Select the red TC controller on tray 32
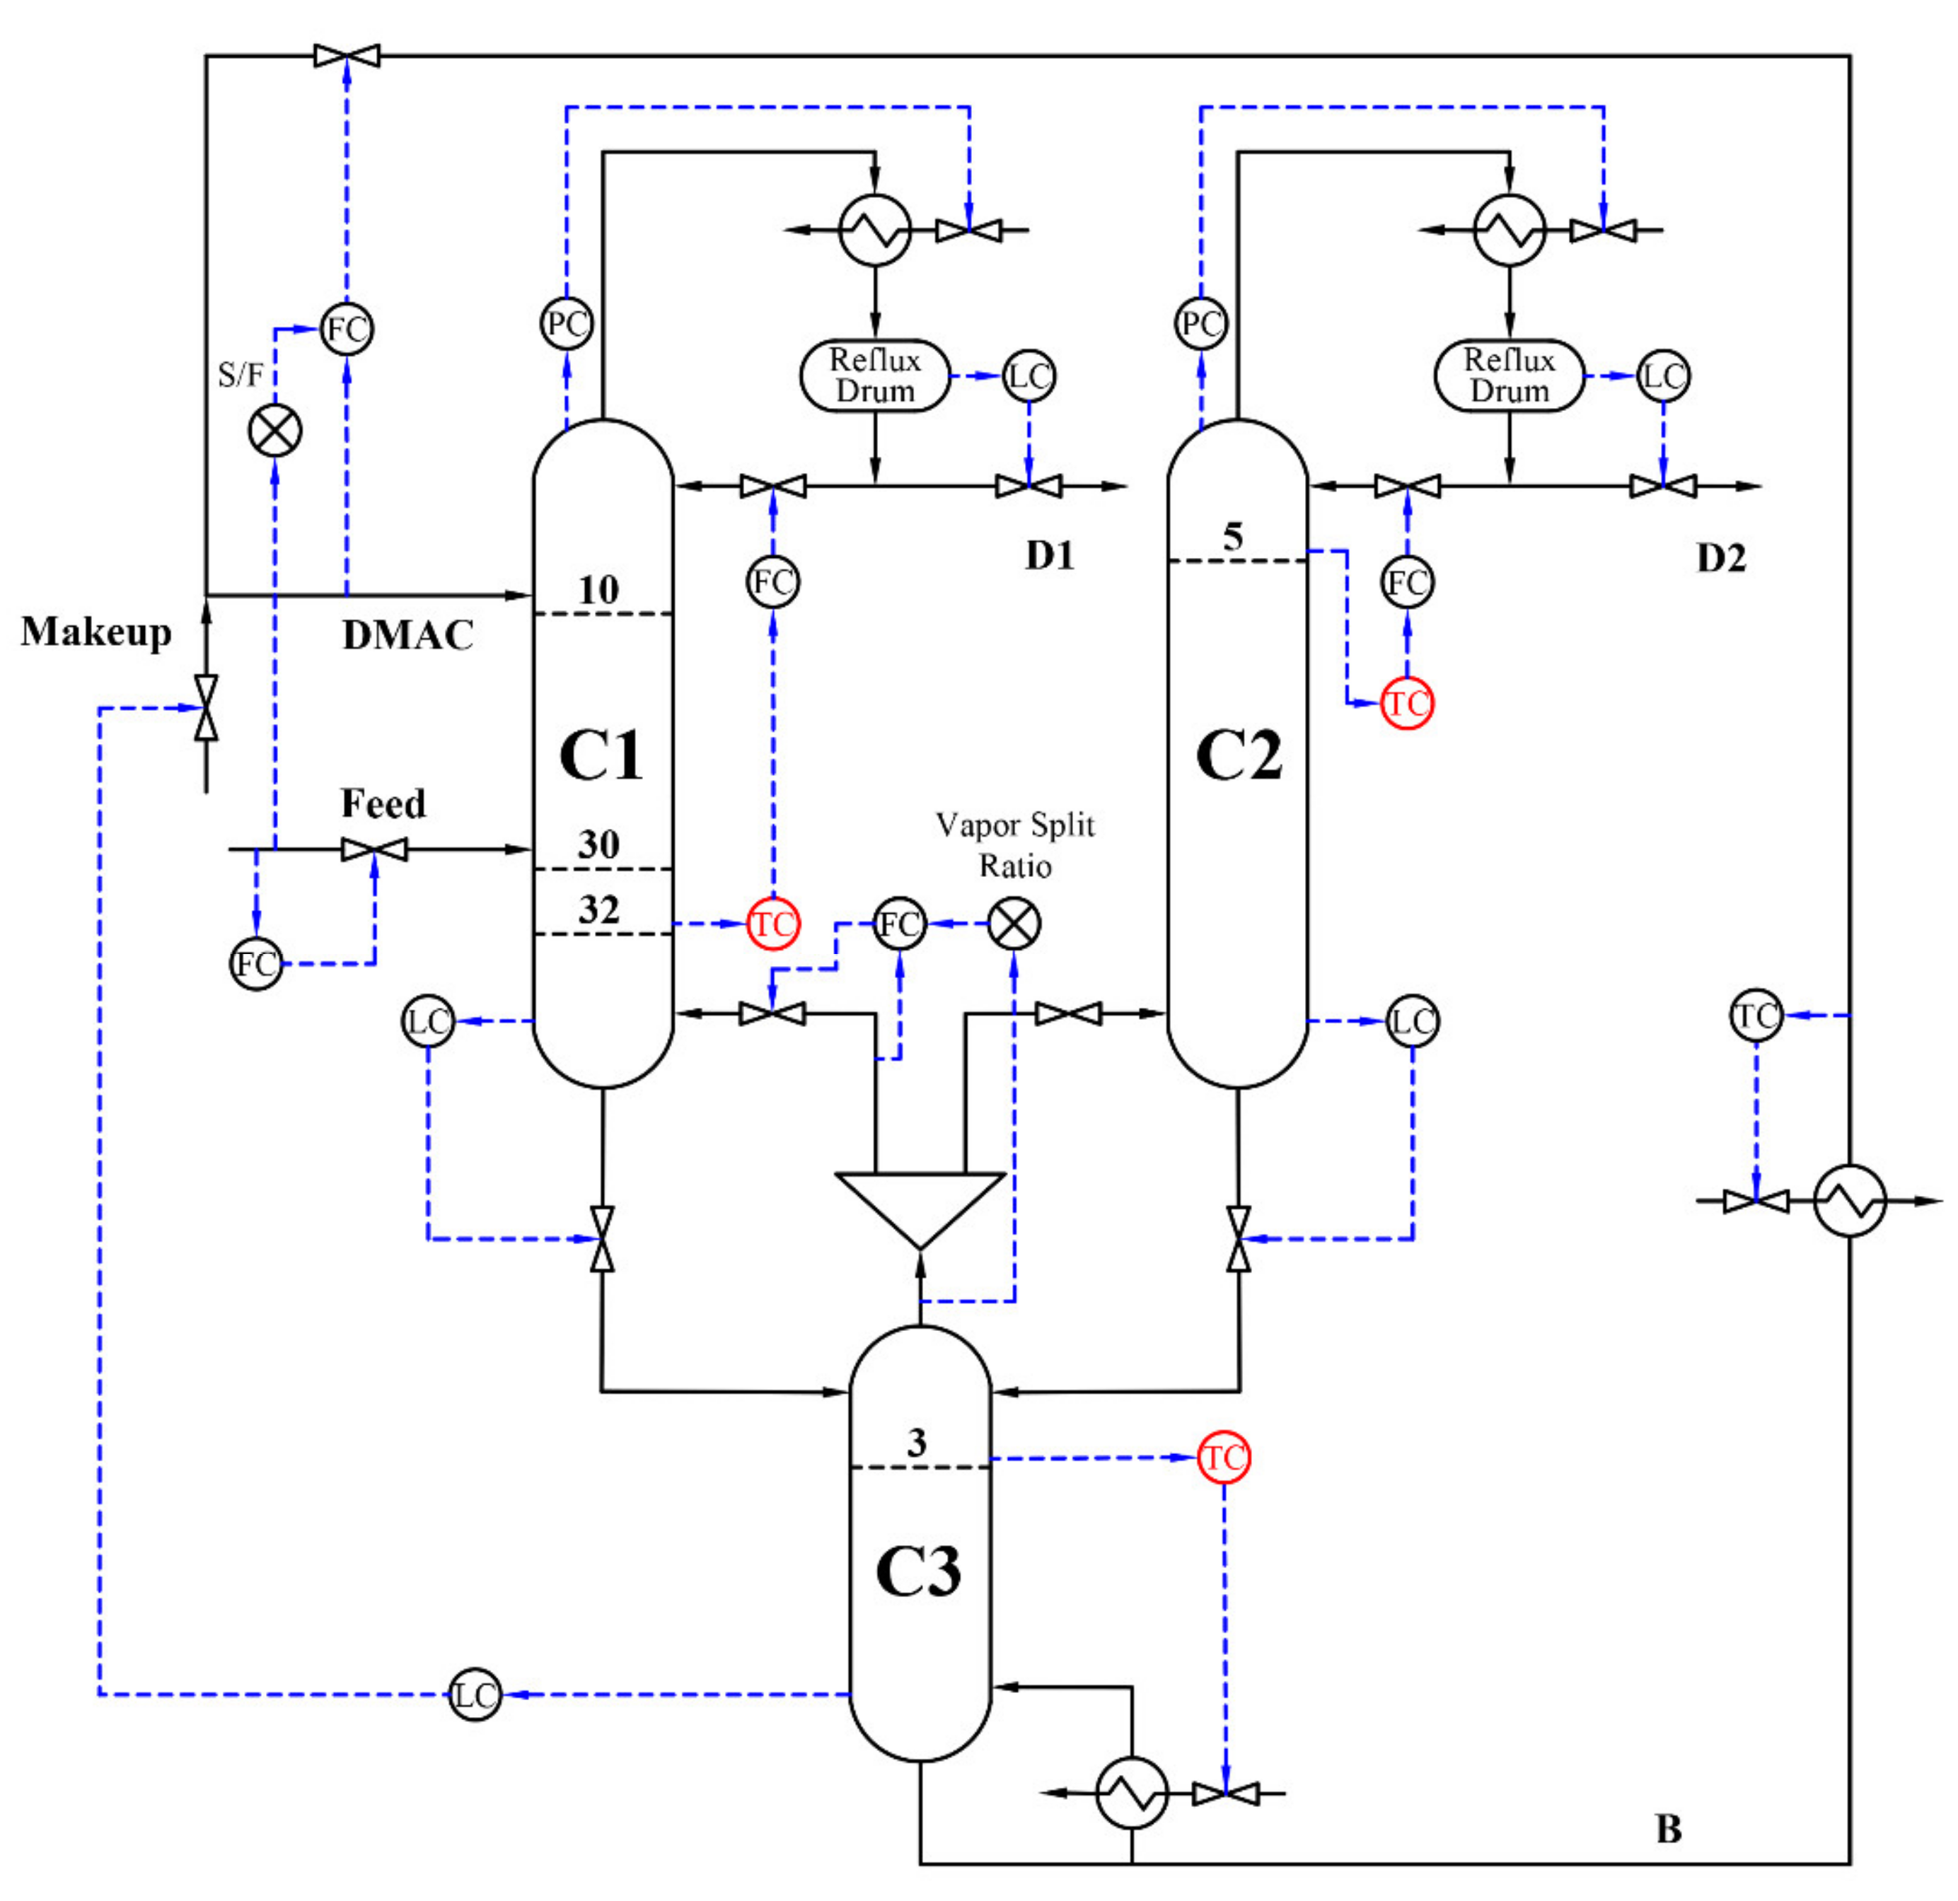point(773,924)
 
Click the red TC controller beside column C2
point(1406,703)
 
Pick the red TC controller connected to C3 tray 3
point(1224,1458)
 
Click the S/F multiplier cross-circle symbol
point(274,431)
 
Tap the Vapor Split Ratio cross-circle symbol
point(1014,924)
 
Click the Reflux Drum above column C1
point(875,376)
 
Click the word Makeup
point(96,632)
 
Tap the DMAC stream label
point(407,635)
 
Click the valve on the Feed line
point(375,850)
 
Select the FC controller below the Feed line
point(256,964)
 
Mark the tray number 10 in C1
point(598,589)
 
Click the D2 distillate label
point(1721,557)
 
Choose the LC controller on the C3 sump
point(475,1695)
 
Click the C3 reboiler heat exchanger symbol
point(1132,1793)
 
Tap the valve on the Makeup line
point(207,707)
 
